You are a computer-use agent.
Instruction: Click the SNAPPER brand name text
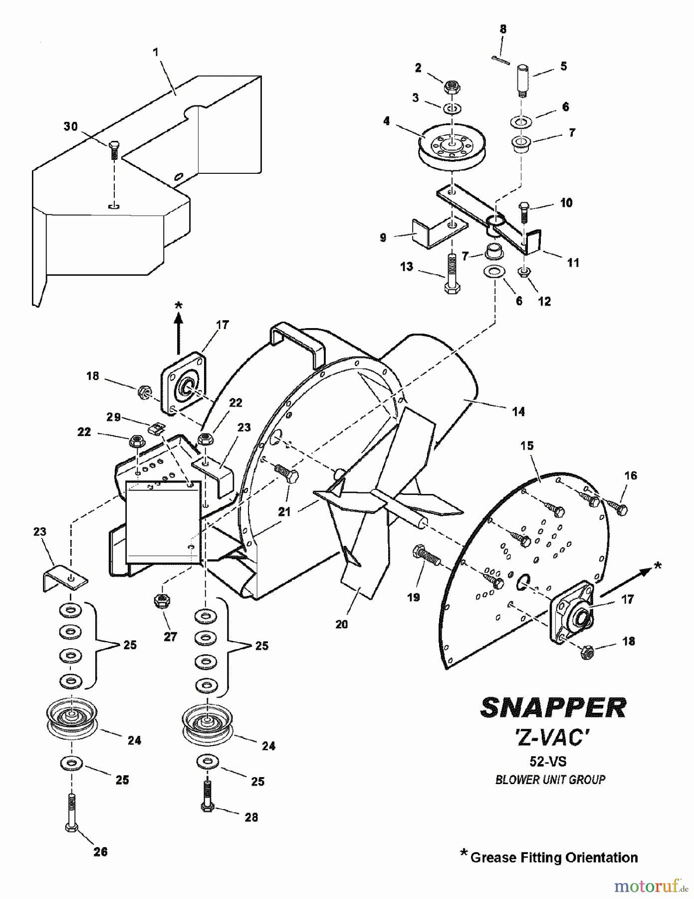(x=553, y=707)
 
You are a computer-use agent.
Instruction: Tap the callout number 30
(x=70, y=126)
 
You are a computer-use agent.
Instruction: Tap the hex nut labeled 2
(x=452, y=88)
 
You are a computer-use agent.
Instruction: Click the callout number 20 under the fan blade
(x=341, y=624)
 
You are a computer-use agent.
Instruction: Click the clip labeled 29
(x=158, y=428)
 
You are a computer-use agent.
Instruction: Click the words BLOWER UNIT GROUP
(x=550, y=779)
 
